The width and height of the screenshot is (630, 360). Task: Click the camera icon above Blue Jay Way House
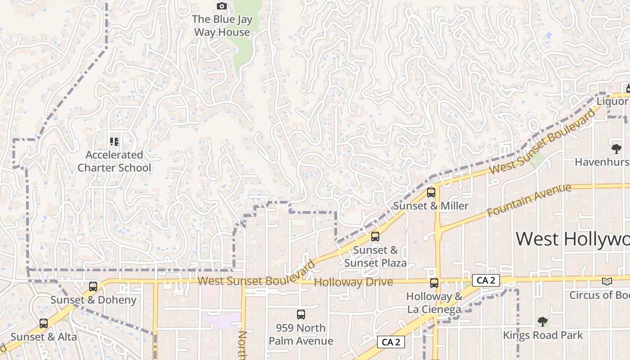(x=222, y=6)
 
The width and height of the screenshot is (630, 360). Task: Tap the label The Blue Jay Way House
(x=222, y=26)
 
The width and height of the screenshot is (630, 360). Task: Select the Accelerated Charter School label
(x=114, y=161)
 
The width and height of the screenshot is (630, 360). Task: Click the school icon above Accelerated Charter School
(x=114, y=142)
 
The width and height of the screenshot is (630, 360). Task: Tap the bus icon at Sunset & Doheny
(x=93, y=287)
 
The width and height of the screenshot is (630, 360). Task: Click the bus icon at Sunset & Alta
(x=44, y=324)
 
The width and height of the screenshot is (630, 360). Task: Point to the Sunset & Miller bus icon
(x=431, y=193)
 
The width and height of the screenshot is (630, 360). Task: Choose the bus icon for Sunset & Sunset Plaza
(x=375, y=237)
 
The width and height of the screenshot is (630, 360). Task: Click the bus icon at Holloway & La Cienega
(x=434, y=283)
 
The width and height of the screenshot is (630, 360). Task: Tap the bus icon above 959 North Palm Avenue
(x=301, y=315)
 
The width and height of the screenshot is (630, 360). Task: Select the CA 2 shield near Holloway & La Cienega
(x=486, y=280)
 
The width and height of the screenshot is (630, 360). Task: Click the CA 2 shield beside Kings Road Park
(x=391, y=342)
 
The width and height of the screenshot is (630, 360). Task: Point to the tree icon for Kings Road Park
(x=543, y=322)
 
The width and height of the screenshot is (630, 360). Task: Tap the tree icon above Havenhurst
(x=616, y=148)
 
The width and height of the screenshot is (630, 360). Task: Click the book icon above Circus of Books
(x=607, y=281)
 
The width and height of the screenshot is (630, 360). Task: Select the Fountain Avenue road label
(x=529, y=200)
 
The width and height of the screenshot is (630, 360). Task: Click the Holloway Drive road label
(x=354, y=282)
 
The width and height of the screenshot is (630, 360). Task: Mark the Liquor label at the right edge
(x=612, y=101)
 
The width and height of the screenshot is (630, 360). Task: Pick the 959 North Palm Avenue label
(x=301, y=334)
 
